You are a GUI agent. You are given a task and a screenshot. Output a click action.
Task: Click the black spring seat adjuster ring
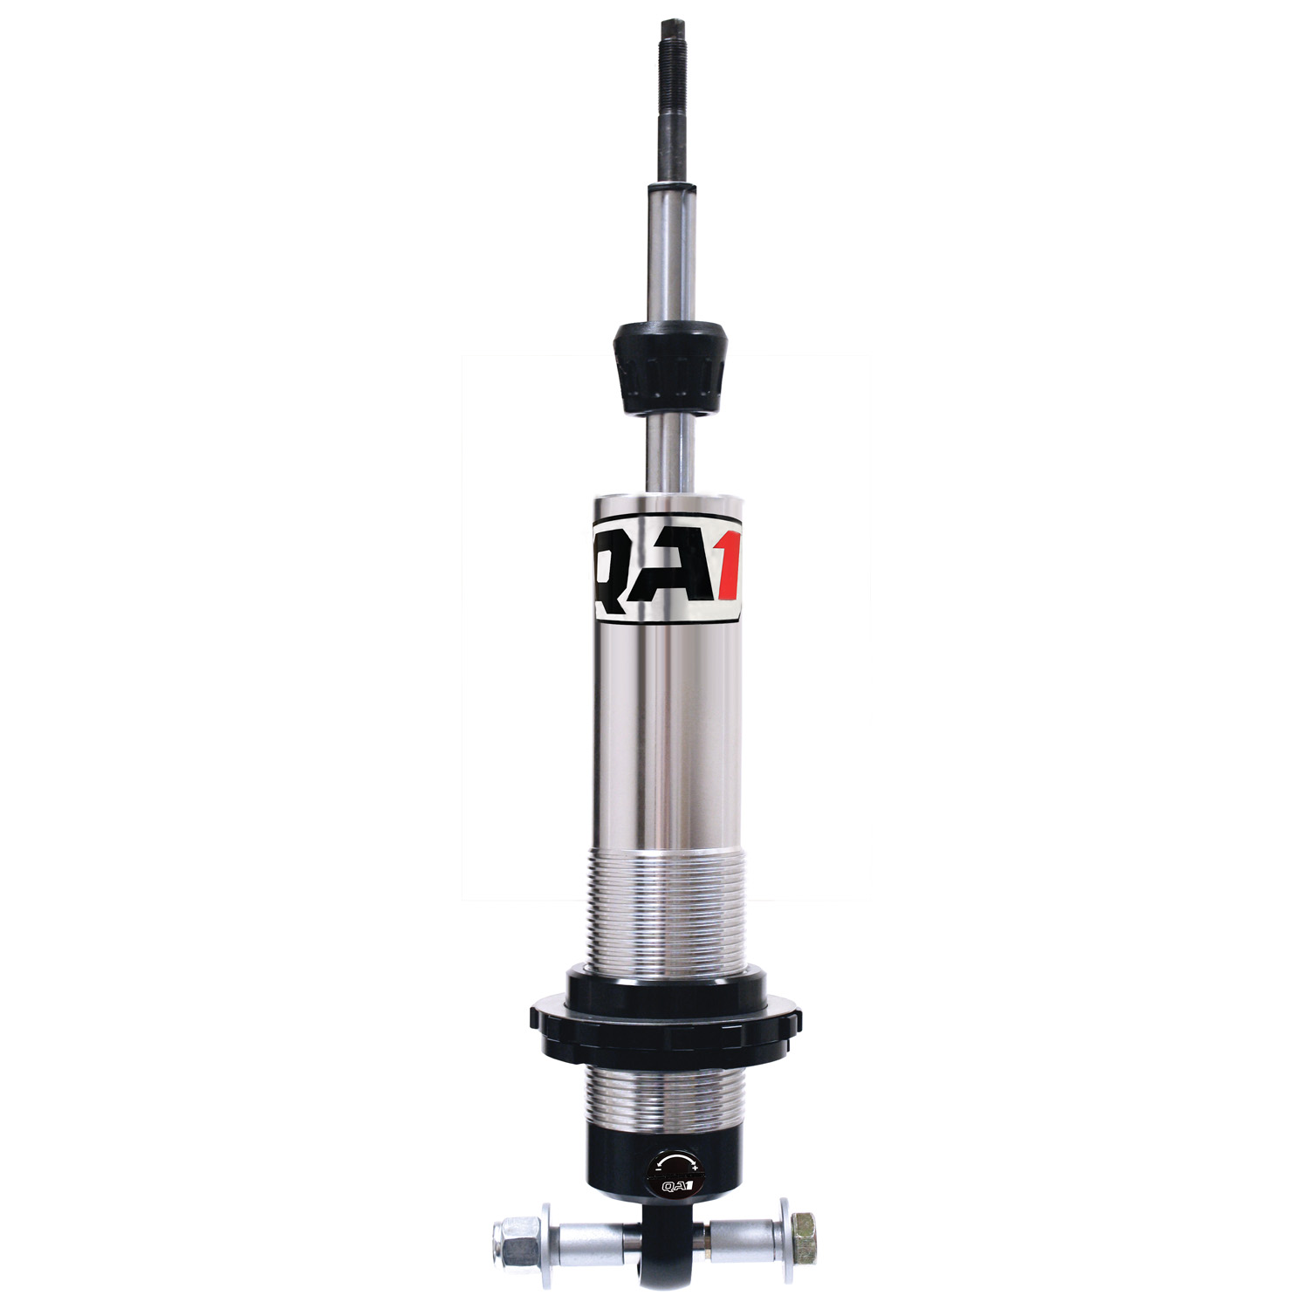pos(666,1017)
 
